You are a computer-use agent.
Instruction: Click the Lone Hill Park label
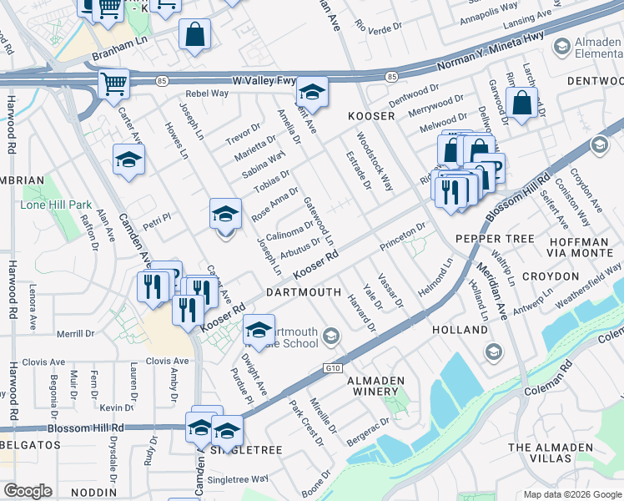(x=57, y=204)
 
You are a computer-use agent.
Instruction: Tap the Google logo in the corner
(x=28, y=491)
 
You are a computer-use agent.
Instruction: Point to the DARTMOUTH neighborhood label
(x=304, y=292)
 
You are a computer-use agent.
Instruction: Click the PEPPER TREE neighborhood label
(x=495, y=239)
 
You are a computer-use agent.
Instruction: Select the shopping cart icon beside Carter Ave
(x=113, y=83)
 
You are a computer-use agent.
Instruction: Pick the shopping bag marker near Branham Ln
(x=194, y=35)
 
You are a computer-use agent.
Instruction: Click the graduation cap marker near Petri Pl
(x=225, y=215)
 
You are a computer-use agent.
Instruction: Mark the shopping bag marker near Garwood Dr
(x=521, y=104)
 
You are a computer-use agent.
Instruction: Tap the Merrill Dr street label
(x=77, y=333)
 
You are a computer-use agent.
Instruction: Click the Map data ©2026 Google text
(x=571, y=493)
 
